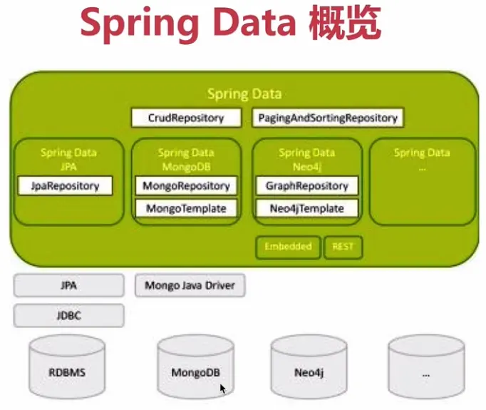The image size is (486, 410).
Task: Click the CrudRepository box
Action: [x=186, y=118]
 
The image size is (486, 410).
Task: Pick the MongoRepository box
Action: [x=186, y=185]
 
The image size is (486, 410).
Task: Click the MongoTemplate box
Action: [x=186, y=208]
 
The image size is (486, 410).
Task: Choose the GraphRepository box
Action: [x=307, y=185]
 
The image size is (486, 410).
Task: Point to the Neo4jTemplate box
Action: [x=307, y=208]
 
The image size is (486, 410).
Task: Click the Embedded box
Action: [x=288, y=247]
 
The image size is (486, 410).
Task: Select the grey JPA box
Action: [x=69, y=286]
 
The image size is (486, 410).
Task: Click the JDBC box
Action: [x=69, y=314]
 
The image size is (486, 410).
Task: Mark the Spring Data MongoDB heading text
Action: [x=186, y=158]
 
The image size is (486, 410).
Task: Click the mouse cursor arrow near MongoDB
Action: [x=222, y=389]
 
